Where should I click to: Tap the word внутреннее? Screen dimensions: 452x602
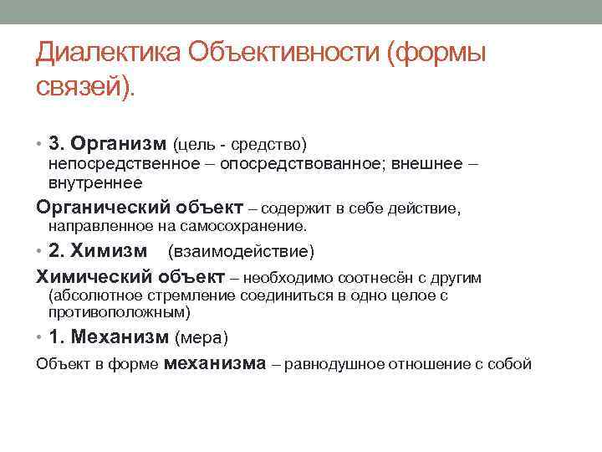click(95, 182)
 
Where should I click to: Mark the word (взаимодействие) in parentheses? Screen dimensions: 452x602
click(241, 252)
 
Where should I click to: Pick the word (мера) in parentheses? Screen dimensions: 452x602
click(200, 338)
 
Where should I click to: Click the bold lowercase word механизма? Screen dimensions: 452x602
click(215, 363)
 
